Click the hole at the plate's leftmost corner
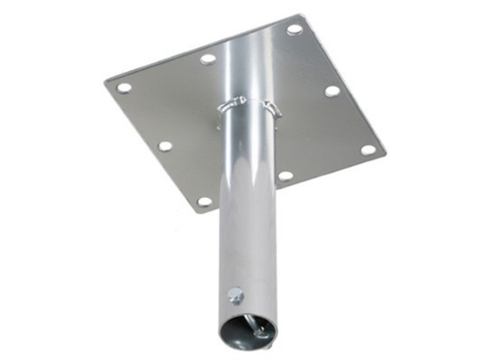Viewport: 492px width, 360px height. coord(124,87)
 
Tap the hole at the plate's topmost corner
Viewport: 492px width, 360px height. coord(294,29)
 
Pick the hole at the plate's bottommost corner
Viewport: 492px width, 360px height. coord(204,203)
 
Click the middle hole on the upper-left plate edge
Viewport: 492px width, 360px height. coord(208,59)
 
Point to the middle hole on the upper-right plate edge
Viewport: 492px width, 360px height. coord(332,91)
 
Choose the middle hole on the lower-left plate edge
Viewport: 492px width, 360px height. coord(165,147)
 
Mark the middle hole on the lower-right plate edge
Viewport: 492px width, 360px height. coord(285,176)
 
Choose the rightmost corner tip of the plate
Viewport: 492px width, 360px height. coord(384,154)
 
